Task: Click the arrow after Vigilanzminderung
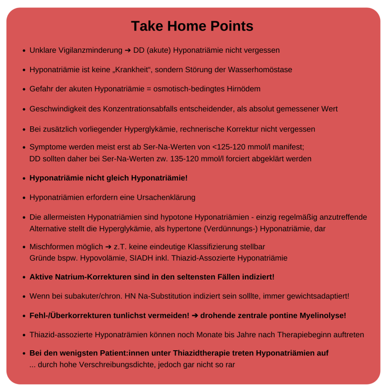coord(128,50)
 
